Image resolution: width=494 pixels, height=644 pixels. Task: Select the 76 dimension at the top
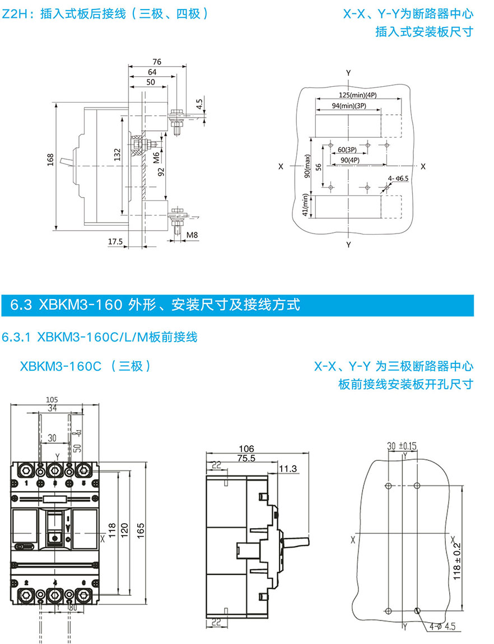[x=157, y=62]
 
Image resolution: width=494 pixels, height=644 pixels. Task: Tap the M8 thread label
[x=192, y=235]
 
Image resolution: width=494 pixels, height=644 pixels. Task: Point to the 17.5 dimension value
[x=115, y=241]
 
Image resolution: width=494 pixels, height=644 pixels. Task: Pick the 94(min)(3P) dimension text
[x=348, y=105]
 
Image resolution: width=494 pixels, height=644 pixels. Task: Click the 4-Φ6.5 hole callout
[x=398, y=178]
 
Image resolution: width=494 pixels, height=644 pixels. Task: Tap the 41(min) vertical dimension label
[x=305, y=206]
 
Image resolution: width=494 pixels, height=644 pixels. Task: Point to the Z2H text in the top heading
[x=12, y=13]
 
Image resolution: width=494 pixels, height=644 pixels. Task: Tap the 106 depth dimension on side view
[x=246, y=448]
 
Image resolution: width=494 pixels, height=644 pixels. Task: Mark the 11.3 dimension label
[x=287, y=468]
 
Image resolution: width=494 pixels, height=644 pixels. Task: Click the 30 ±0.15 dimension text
[x=402, y=446]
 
